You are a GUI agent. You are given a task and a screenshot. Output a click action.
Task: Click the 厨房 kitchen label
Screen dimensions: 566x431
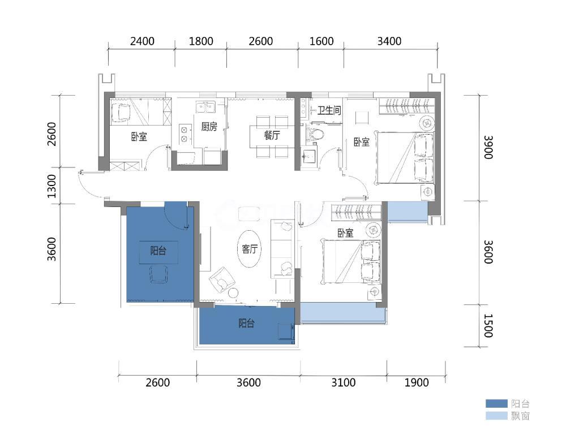pyautogui.click(x=209, y=127)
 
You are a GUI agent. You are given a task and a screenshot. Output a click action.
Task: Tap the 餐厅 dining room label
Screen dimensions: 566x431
pyautogui.click(x=272, y=135)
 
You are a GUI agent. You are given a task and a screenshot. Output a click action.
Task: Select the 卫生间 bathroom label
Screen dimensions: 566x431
pyautogui.click(x=329, y=110)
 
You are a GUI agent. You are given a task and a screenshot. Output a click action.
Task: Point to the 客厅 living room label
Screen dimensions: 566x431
pyautogui.click(x=250, y=249)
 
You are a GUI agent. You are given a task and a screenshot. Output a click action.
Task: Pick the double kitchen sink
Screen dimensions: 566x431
pyautogui.click(x=205, y=107)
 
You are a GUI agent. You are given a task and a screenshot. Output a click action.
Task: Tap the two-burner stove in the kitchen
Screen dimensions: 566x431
pyautogui.click(x=185, y=134)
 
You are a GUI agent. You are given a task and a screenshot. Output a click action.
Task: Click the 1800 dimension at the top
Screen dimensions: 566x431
pyautogui.click(x=201, y=41)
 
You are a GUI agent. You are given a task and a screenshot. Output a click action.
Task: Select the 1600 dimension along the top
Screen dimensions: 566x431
pyautogui.click(x=321, y=41)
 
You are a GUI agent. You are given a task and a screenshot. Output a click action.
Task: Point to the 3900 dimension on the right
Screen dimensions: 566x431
pyautogui.click(x=488, y=147)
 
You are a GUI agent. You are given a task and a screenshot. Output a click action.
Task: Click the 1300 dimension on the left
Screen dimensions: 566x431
pyautogui.click(x=52, y=186)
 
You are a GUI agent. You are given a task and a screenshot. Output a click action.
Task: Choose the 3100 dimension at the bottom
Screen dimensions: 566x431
pyautogui.click(x=344, y=382)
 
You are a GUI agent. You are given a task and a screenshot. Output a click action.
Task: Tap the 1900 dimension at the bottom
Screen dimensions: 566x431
pyautogui.click(x=416, y=382)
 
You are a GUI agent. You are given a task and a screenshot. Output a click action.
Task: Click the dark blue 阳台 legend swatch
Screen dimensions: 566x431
pyautogui.click(x=496, y=403)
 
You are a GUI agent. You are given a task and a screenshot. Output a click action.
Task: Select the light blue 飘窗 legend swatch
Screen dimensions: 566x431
pyautogui.click(x=496, y=416)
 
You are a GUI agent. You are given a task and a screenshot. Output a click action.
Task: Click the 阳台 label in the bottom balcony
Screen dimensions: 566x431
pyautogui.click(x=247, y=323)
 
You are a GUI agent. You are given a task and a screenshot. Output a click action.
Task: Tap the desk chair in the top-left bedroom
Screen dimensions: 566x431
pyautogui.click(x=121, y=113)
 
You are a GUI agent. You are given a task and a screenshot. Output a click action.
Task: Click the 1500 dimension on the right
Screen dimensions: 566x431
pyautogui.click(x=488, y=326)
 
